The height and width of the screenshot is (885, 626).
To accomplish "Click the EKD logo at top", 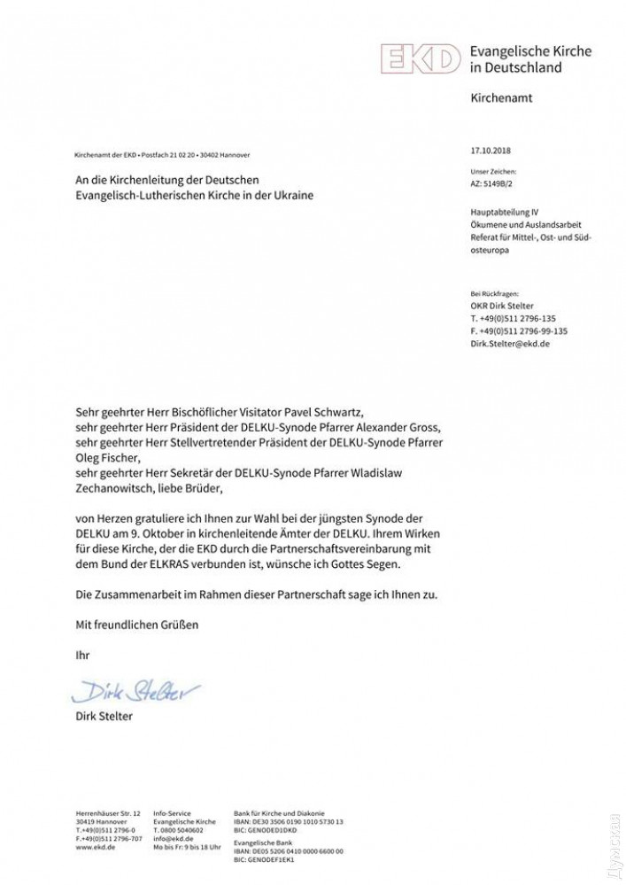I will tap(421, 59).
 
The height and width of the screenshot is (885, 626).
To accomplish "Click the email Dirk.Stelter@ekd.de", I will tap(510, 343).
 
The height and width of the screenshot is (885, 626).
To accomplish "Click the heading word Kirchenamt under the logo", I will tap(501, 99).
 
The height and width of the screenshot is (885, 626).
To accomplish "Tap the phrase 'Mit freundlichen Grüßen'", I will tap(136, 625).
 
